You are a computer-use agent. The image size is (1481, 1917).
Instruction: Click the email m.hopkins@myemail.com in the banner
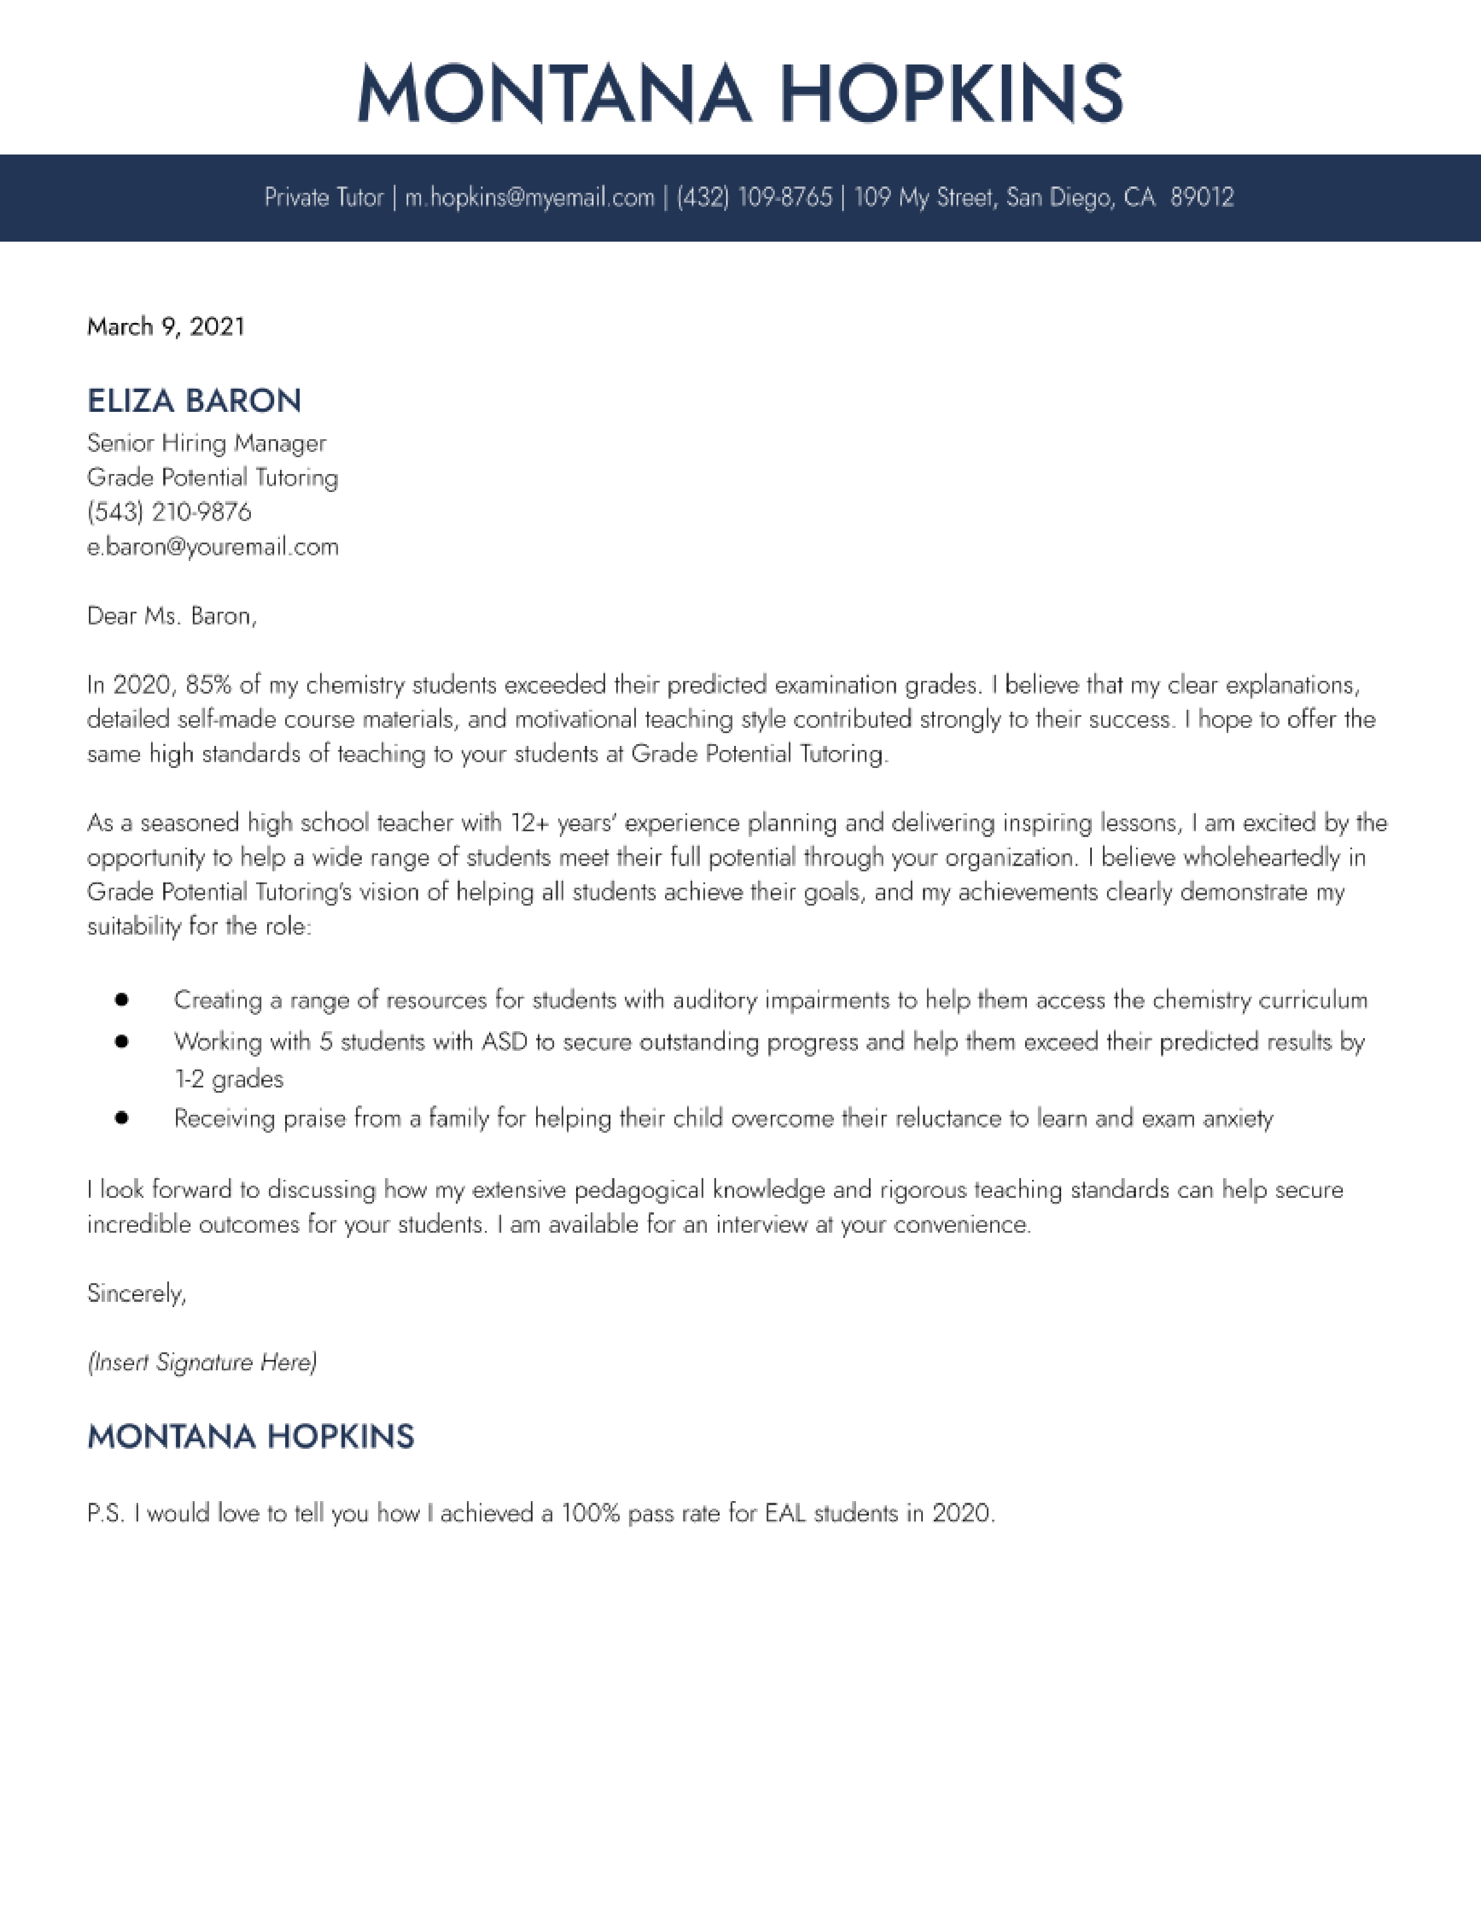click(529, 198)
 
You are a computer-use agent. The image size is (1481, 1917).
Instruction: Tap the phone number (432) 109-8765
click(754, 198)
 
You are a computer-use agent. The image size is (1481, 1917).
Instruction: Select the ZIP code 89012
click(1202, 198)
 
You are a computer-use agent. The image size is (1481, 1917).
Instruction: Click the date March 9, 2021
click(166, 326)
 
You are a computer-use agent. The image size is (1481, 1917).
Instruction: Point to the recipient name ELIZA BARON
click(194, 401)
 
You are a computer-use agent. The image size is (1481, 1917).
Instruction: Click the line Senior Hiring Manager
click(206, 443)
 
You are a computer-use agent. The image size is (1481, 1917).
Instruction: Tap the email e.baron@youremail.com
click(213, 547)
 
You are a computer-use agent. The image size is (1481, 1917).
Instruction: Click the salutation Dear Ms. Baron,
click(172, 616)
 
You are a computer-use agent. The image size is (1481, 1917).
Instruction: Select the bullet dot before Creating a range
click(122, 1000)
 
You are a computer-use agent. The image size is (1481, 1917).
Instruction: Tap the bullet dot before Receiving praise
click(122, 1118)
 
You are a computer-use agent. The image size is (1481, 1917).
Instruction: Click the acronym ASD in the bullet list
click(505, 1042)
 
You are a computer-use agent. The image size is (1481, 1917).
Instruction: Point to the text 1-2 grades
click(229, 1079)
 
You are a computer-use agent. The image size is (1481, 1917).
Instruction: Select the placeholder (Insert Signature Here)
click(202, 1362)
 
